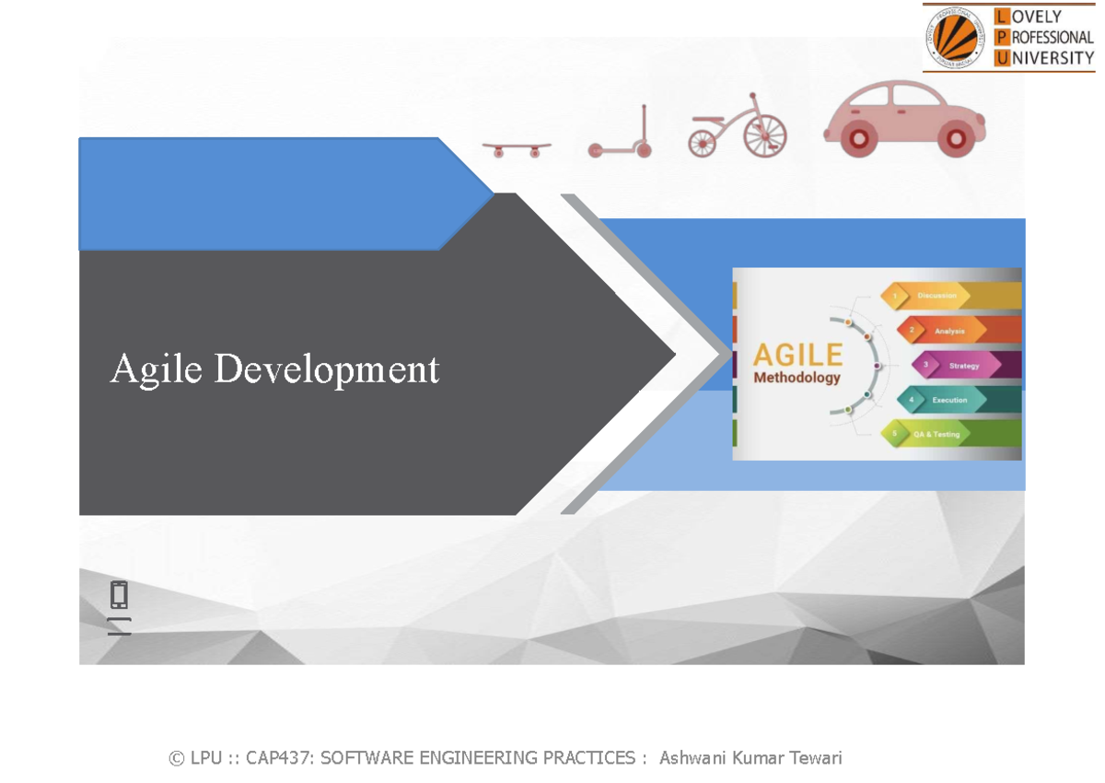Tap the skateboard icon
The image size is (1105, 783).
517,148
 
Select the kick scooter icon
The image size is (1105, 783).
622,134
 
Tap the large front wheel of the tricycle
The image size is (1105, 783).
765,137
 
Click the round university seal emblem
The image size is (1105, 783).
956,37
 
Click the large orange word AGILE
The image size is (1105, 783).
797,355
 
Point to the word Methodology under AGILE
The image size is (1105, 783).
797,378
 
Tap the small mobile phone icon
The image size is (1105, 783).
119,595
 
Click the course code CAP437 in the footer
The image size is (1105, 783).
280,758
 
